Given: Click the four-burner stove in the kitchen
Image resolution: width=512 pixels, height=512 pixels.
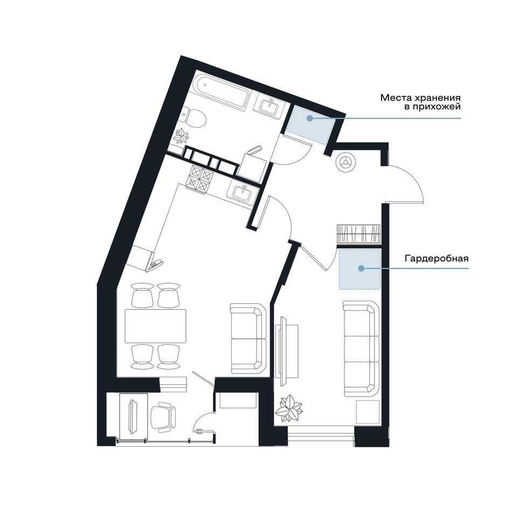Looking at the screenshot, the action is tap(199, 178).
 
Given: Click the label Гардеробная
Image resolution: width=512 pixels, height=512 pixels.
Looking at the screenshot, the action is tap(437, 259).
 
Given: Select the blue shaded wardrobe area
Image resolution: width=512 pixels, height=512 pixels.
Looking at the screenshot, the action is tap(359, 269).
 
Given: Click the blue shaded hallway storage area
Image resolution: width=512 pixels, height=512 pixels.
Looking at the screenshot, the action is tap(310, 124).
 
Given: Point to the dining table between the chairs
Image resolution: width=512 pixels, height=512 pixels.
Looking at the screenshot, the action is tap(155, 326).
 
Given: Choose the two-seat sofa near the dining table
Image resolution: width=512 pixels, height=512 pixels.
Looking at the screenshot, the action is tap(248, 338).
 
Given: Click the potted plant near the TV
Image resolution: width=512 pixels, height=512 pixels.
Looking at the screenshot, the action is tap(288, 409).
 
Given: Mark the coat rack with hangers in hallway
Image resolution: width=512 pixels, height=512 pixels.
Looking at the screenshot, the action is tap(359, 234).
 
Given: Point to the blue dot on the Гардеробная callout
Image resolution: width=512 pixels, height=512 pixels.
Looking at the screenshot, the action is tap(361, 268).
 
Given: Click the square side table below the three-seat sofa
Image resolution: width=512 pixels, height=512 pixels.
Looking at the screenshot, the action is tap(368, 412).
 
